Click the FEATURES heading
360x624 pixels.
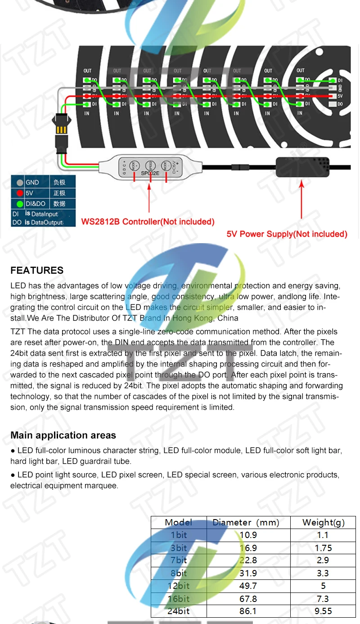pos(37,271)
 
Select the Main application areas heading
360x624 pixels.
pos(63,435)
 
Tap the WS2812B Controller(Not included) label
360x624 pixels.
pos(148,222)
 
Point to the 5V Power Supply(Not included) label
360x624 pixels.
pos(287,234)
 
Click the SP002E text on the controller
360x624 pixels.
pos(150,173)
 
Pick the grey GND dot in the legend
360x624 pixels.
pos(19,183)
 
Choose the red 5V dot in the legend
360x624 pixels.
pos(19,193)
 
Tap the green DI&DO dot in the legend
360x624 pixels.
pos(19,203)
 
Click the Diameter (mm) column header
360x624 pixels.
pos(246,522)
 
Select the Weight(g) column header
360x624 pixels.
pos(323,522)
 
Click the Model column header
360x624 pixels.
pos(178,522)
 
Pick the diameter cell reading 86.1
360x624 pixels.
pos(248,611)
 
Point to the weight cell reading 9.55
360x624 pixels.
pos(323,611)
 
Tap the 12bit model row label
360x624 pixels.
pos(178,586)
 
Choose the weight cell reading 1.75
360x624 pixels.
pos(323,548)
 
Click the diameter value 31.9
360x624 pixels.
pos(248,573)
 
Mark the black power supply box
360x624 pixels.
pos(302,167)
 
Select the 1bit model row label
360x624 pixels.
pos(178,535)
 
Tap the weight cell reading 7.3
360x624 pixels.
pos(323,598)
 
